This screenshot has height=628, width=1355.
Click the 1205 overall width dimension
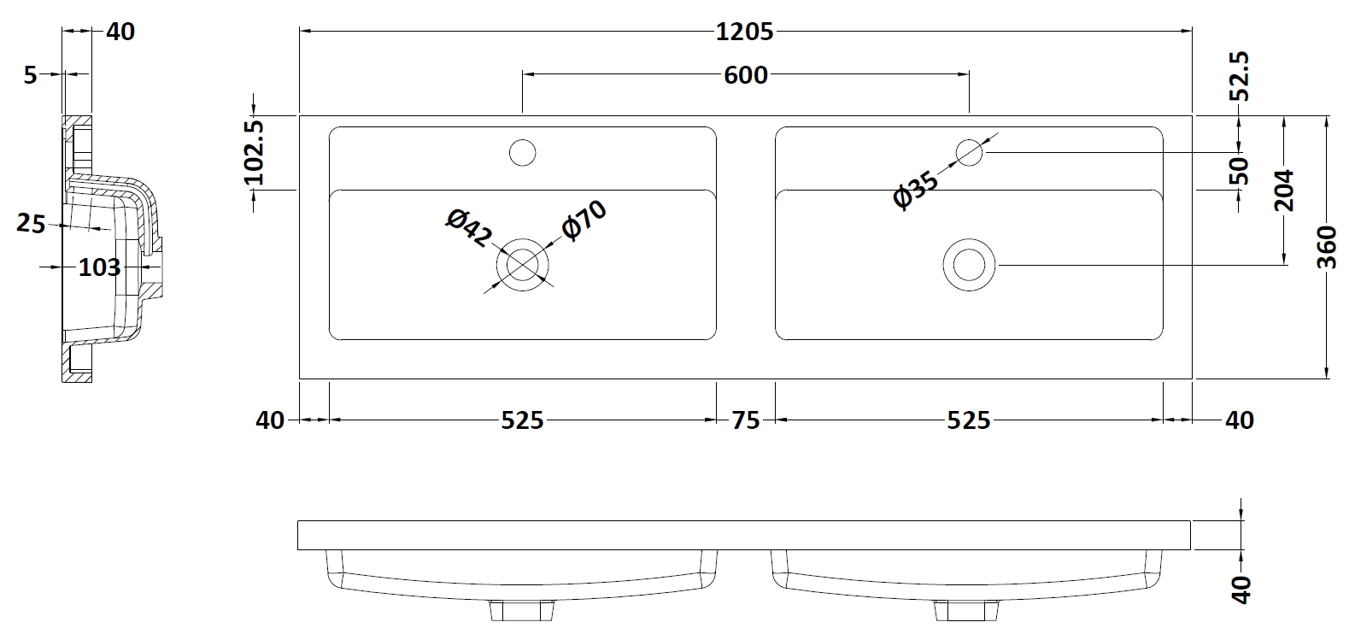pos(745,32)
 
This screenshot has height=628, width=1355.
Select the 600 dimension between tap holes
pos(745,75)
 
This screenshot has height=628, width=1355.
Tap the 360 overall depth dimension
pos(1326,248)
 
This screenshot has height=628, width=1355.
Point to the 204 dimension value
pos(1283,191)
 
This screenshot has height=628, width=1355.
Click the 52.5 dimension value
pos(1240,76)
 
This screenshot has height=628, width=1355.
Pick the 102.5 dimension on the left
pos(254,153)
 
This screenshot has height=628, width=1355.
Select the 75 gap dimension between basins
pos(746,420)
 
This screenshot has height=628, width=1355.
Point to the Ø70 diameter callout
pos(584,220)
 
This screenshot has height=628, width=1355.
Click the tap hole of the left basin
pos(522,153)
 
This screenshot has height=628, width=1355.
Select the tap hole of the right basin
pos(969,153)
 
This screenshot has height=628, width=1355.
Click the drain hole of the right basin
pos(969,265)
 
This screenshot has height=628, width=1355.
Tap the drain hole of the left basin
pos(522,265)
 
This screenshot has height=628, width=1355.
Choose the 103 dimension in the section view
pos(99,267)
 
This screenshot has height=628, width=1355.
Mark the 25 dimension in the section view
pos(31,223)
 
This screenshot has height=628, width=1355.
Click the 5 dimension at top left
pos(31,75)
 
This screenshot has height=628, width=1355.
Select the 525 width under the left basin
pos(522,420)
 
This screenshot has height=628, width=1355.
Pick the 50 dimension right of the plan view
pos(1240,170)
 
